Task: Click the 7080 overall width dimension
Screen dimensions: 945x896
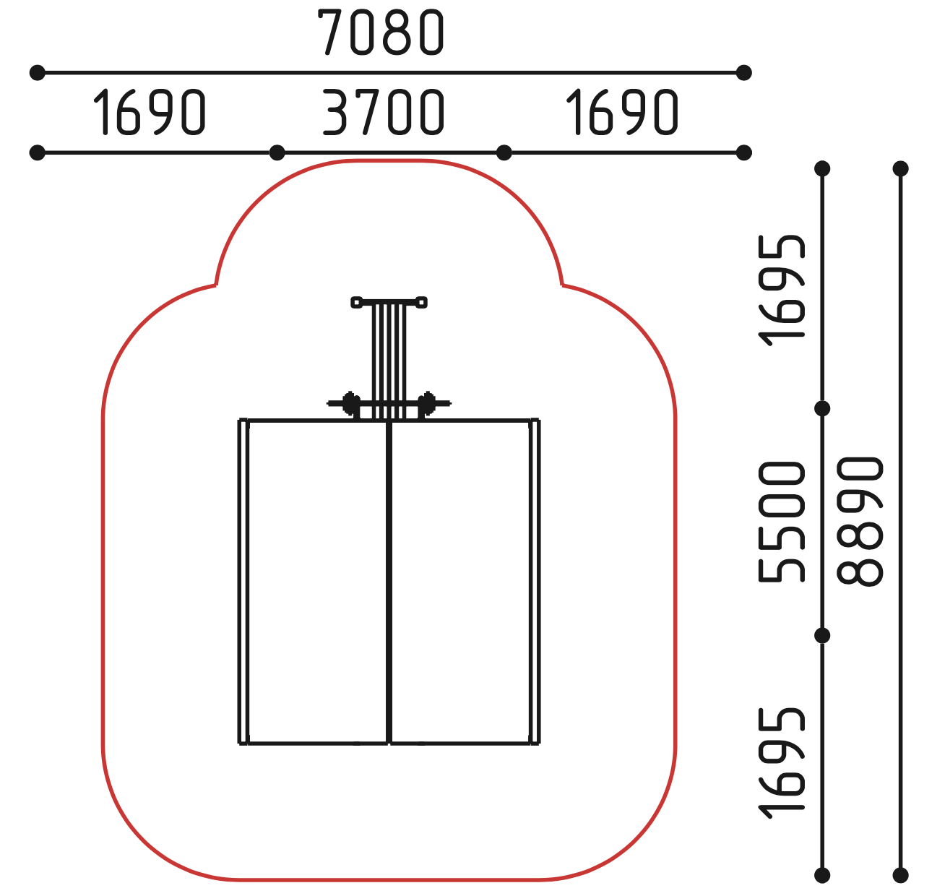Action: tap(381, 33)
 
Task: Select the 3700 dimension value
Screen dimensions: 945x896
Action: tap(383, 112)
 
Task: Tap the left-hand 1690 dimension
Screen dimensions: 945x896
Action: tap(150, 112)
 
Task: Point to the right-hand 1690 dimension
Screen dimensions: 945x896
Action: tap(622, 112)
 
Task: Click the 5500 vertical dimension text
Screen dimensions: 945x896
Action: tap(781, 522)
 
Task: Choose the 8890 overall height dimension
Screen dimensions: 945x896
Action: tap(860, 522)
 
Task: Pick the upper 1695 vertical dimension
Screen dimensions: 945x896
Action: tap(781, 290)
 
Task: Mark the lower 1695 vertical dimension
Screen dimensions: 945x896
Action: tap(781, 763)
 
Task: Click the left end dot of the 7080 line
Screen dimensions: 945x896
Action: tap(37, 73)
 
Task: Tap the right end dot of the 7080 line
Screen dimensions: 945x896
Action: tap(743, 73)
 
